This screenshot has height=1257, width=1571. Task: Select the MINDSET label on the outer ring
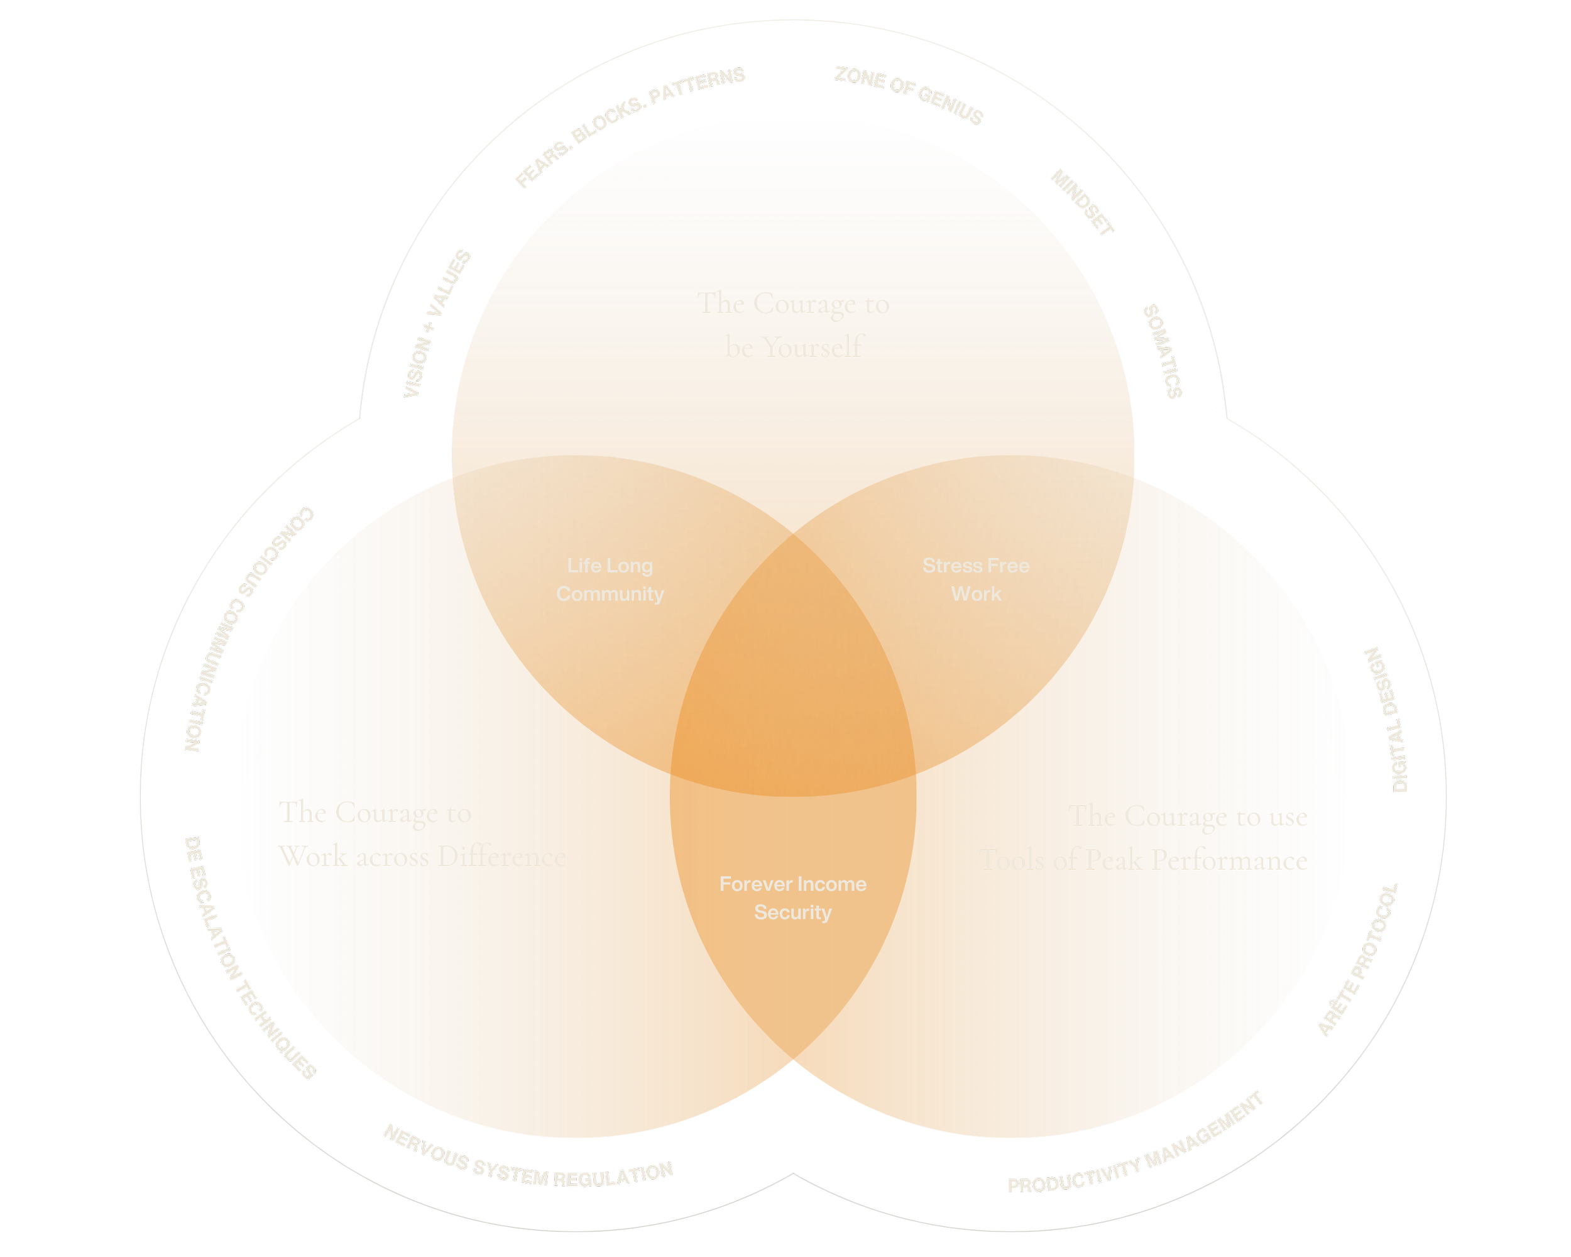point(1082,203)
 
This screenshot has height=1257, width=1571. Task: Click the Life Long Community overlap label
point(610,580)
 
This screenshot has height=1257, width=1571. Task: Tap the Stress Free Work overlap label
point(976,580)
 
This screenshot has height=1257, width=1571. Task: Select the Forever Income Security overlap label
point(793,897)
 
